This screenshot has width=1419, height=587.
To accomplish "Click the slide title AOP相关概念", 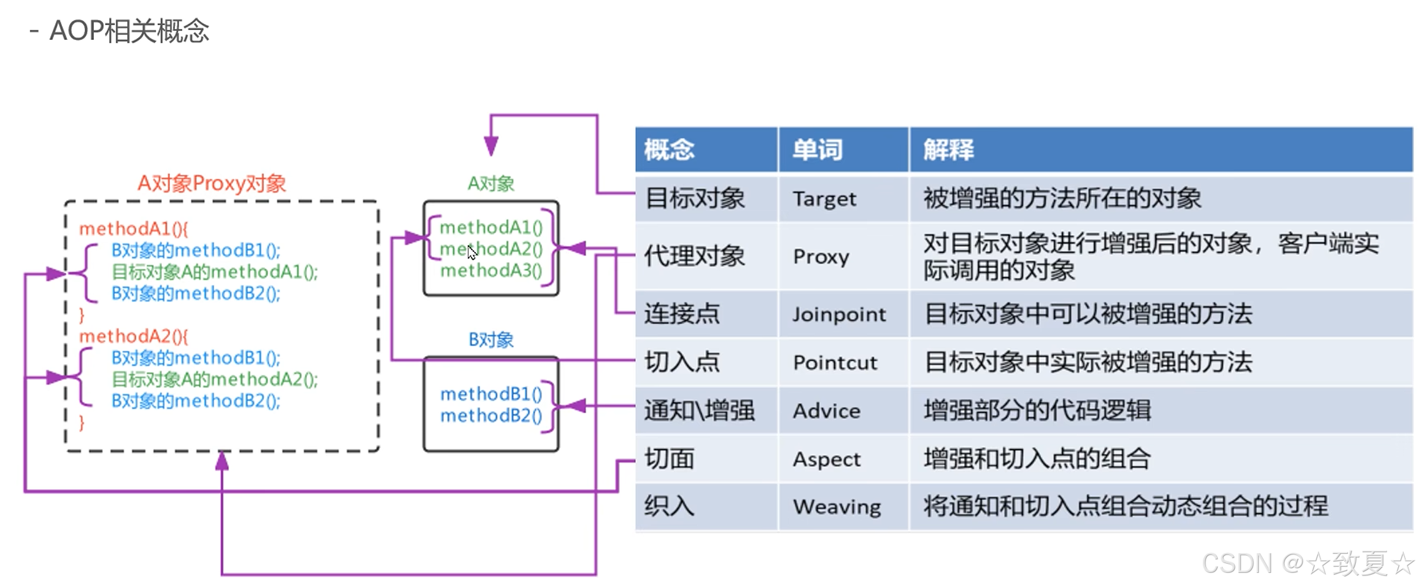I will [129, 31].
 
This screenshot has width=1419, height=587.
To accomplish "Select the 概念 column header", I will [669, 150].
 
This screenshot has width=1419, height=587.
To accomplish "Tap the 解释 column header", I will [948, 150].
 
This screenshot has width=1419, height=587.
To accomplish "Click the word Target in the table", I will [824, 199].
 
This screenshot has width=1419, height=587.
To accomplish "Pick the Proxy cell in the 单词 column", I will [821, 257].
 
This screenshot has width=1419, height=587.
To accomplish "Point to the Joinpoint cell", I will [838, 314].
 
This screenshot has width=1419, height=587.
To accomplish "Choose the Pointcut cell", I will [835, 362].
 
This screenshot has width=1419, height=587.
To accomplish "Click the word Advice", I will [826, 411].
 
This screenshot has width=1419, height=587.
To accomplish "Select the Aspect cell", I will [826, 459].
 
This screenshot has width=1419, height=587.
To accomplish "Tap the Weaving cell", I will [837, 507].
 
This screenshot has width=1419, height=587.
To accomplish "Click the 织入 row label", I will [669, 507].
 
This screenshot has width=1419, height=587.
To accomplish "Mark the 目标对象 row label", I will [695, 199].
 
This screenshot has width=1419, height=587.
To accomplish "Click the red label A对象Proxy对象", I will [211, 184].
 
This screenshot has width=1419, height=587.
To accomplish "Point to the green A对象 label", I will [490, 184].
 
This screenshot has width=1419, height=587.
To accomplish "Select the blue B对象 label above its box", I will [490, 340].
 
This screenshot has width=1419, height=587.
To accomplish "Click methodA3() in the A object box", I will [491, 271].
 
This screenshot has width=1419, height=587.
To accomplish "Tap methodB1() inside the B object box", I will [491, 394].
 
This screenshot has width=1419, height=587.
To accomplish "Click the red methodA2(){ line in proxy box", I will [133, 336].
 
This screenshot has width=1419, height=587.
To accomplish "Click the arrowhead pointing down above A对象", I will [490, 146].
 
